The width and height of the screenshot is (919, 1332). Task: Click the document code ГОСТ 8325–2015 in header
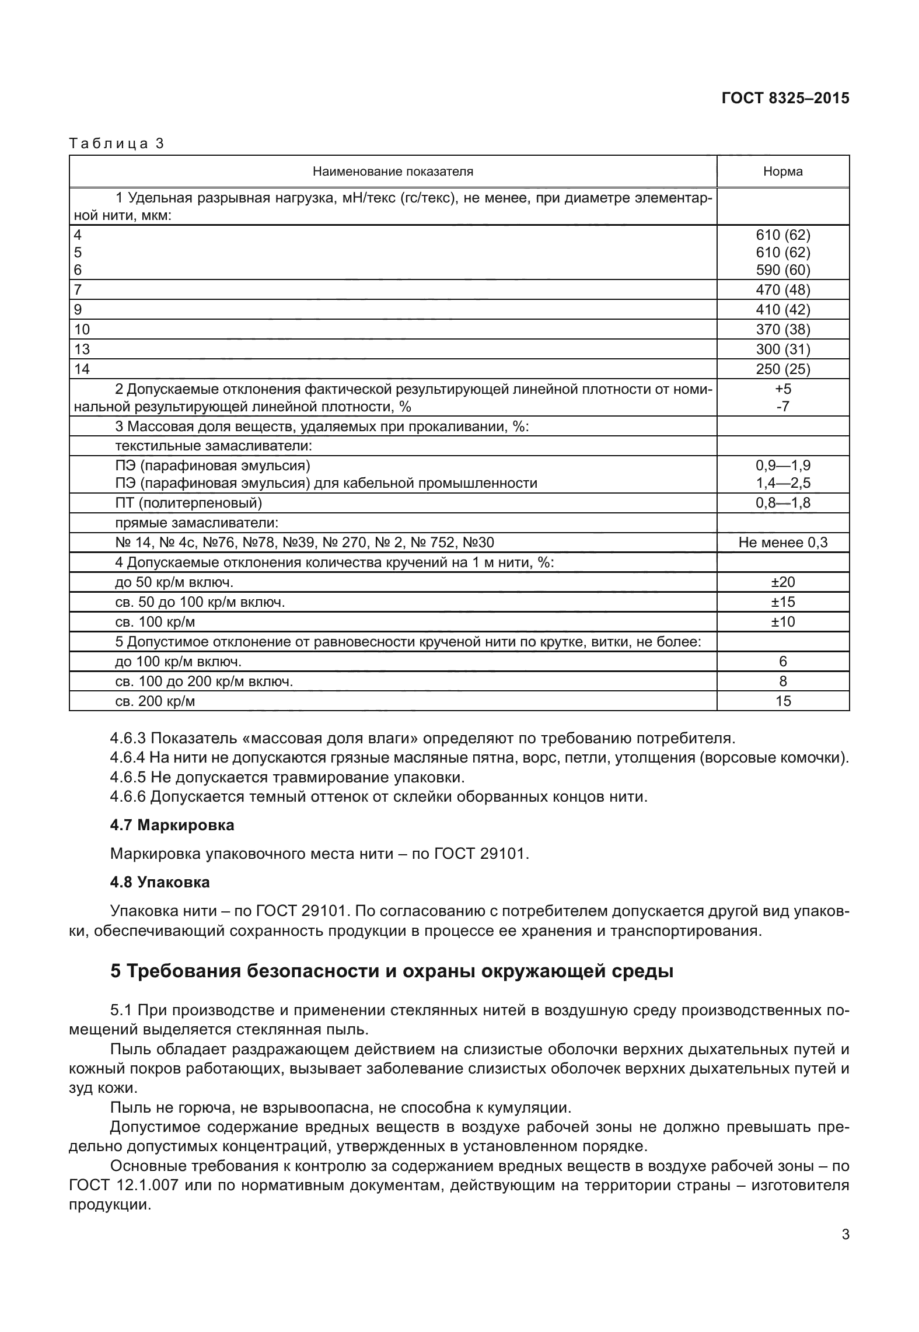785,98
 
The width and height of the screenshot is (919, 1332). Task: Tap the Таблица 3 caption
117,144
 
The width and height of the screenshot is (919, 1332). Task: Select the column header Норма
782,172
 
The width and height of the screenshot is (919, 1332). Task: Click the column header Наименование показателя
393,172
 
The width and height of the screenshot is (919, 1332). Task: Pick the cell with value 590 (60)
782,270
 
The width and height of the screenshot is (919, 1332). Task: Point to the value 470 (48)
782,289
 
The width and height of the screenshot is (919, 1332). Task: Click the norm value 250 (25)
782,369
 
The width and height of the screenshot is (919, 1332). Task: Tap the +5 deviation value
782,389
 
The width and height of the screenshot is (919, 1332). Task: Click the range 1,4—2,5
782,483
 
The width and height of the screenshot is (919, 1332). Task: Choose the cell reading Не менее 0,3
782,543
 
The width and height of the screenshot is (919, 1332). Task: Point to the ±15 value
782,602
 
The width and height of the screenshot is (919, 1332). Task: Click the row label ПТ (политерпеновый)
188,503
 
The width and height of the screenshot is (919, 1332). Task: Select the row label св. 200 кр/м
155,701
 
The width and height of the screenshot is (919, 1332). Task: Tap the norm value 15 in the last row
782,701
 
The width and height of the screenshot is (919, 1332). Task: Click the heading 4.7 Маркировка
172,825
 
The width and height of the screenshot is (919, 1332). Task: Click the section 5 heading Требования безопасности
392,972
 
